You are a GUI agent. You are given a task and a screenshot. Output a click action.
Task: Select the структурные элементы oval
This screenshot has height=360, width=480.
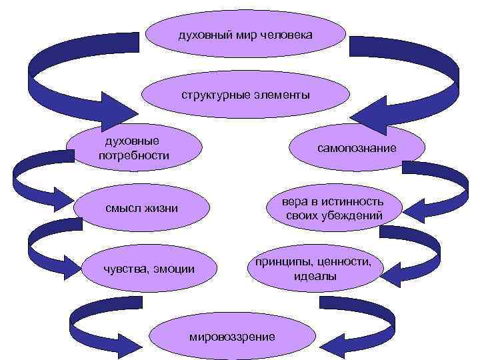245,95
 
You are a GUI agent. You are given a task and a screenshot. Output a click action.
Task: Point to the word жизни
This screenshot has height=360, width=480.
161,209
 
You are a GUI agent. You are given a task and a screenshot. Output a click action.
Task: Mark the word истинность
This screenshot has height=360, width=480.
351,201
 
